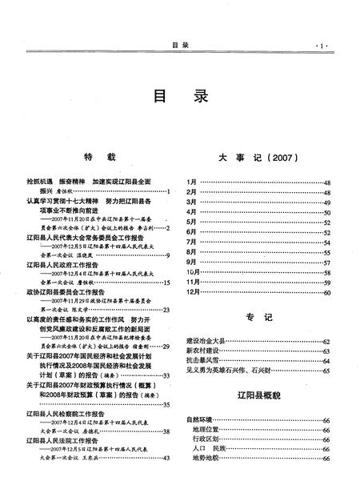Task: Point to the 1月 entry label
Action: pyautogui.click(x=191, y=183)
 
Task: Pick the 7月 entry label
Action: pyautogui.click(x=191, y=241)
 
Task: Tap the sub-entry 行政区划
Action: pyautogui.click(x=206, y=439)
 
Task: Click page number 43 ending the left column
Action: pyautogui.click(x=166, y=459)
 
